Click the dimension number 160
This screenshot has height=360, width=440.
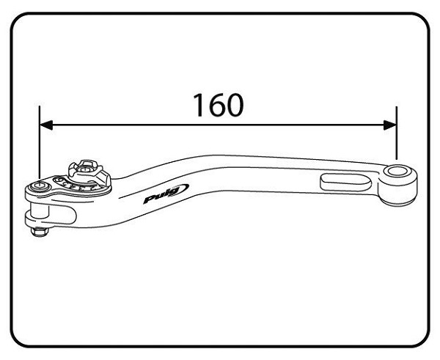219,105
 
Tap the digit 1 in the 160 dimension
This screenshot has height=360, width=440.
199,105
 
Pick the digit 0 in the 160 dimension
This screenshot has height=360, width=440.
235,105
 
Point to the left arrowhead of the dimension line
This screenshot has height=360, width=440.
46,125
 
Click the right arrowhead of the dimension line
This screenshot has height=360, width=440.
390,125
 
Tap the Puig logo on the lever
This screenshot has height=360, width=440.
166,194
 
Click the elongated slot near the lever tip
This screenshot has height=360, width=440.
345,183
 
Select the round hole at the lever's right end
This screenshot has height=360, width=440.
396,171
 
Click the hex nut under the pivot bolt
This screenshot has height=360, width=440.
40,232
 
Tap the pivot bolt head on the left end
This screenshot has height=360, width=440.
40,185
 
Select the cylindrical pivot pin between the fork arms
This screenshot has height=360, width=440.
40,210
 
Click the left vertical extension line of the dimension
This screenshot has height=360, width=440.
40,142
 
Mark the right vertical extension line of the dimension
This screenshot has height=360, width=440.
396,133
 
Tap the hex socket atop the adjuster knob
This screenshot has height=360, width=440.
84,169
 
